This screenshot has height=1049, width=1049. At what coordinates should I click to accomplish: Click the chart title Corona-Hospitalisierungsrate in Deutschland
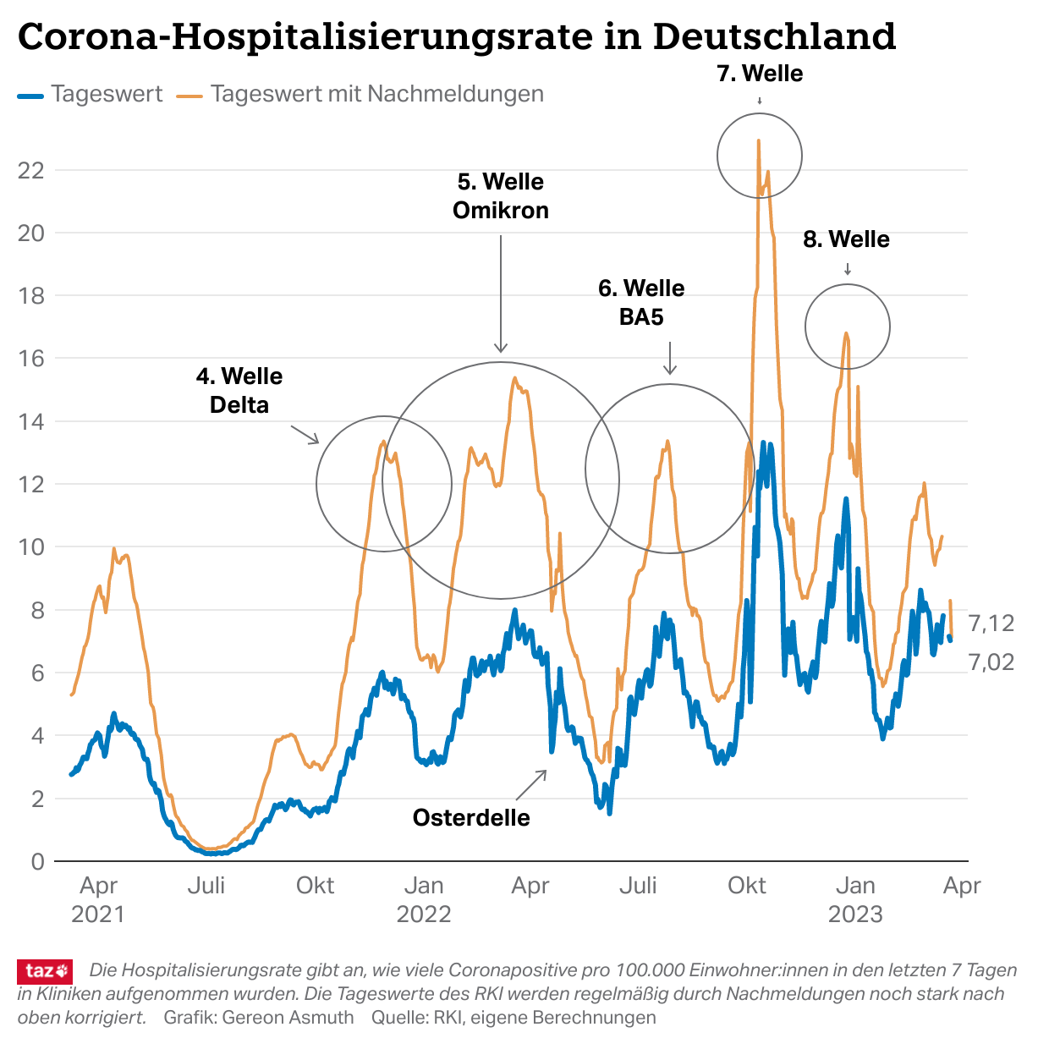(x=456, y=36)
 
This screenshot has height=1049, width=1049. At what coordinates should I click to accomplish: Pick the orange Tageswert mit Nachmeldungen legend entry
(x=360, y=94)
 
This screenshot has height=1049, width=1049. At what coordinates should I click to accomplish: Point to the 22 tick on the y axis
(x=31, y=170)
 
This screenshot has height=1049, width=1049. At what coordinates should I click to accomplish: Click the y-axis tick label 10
(x=31, y=546)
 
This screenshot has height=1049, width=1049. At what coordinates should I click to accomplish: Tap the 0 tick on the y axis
(x=37, y=861)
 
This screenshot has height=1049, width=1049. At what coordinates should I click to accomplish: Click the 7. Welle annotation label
(x=760, y=74)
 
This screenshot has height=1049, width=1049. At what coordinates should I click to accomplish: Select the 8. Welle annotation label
(x=846, y=239)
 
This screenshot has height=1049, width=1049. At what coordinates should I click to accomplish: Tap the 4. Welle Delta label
(x=239, y=390)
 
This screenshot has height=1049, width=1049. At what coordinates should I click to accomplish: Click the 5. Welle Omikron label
(x=501, y=195)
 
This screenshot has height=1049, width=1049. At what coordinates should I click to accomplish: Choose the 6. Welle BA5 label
(x=641, y=302)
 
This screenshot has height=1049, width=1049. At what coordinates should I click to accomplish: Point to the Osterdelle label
(x=471, y=817)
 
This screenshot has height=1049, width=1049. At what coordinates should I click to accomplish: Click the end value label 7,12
(x=991, y=623)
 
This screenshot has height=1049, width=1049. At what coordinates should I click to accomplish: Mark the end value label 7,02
(x=991, y=662)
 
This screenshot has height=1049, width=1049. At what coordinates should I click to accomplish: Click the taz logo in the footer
(x=45, y=971)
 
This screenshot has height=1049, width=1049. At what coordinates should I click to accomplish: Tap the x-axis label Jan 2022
(x=423, y=899)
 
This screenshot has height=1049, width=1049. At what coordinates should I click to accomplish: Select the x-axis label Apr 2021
(x=98, y=899)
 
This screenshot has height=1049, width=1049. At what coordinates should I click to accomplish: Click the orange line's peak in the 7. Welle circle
(x=759, y=141)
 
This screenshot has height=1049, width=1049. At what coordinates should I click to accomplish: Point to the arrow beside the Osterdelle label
(x=531, y=785)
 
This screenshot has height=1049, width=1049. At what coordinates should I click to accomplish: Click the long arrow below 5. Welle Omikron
(x=501, y=293)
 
